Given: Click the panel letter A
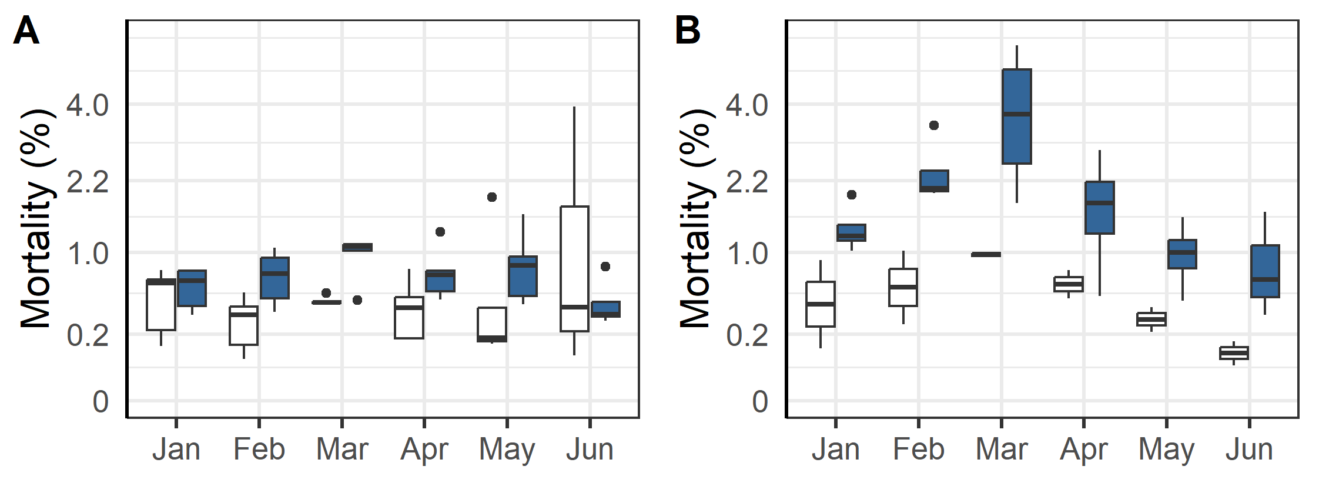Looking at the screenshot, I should coord(26,31).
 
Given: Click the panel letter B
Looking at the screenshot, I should coord(687,31).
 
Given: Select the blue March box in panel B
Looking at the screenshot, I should coord(1016,116).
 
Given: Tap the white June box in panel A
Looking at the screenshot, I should coord(574,268).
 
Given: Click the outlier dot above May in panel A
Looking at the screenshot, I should coord(492,197).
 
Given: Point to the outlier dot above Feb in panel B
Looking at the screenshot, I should coord(934,125).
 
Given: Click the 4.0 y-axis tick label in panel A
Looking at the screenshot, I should coord(87,106).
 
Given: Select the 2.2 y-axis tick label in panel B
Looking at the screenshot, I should coord(746,182).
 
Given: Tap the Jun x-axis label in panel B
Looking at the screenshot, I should coord(1249,450).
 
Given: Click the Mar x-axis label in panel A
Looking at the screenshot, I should coord(342,450).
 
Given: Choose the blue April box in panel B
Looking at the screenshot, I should coord(1099,208).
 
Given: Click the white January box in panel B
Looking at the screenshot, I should coord(820,304).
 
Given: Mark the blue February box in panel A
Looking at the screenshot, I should coord(274,278).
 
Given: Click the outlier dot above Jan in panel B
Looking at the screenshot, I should coord(852,195).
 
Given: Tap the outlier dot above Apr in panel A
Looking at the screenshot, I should coord(440,232).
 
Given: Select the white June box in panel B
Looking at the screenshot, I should coord(1234,353).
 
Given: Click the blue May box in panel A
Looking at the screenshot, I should coord(523,276).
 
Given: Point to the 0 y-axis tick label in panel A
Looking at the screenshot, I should coord(101,402).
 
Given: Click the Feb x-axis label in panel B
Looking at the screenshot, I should coord(918,450).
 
